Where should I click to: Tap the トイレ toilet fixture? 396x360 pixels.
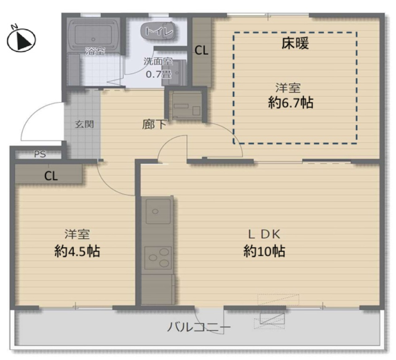(x=157, y=31)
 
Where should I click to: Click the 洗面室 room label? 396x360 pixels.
(x=158, y=62)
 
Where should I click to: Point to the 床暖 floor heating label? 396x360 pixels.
(x=295, y=43)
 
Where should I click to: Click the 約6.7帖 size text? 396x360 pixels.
(x=291, y=103)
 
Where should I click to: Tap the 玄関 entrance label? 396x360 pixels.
(x=84, y=124)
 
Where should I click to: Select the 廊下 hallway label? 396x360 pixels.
(x=154, y=124)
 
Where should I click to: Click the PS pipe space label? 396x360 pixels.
(x=40, y=154)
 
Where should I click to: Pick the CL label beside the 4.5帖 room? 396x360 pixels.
(x=51, y=176)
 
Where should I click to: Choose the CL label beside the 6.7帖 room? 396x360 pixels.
(x=201, y=50)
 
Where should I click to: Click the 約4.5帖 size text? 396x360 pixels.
(x=77, y=251)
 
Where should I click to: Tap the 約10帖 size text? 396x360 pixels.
(x=264, y=251)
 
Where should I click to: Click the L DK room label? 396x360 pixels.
(x=264, y=235)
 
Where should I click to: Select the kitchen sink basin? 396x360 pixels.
(x=158, y=211)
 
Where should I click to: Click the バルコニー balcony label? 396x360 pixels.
(x=199, y=327)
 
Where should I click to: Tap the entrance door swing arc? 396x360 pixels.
(x=36, y=114)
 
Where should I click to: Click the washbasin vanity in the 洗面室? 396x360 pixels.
(x=174, y=73)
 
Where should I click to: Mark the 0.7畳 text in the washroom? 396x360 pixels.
(x=158, y=75)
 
